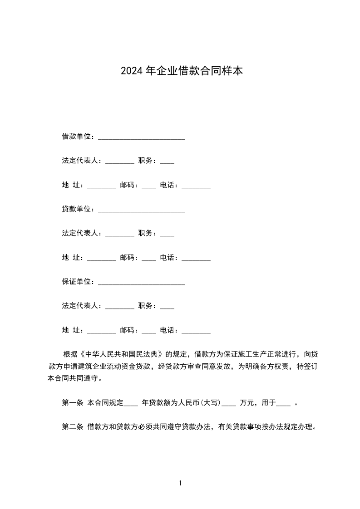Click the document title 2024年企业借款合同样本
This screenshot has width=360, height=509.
[x=182, y=71]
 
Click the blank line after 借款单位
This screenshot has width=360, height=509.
[x=141, y=137]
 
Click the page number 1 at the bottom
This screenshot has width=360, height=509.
[x=180, y=483]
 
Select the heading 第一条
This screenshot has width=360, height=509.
[x=72, y=402]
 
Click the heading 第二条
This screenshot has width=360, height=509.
[x=72, y=427]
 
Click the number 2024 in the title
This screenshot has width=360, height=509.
[x=132, y=71]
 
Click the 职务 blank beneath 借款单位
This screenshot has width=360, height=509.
[x=167, y=162]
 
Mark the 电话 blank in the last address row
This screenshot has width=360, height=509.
[x=196, y=332]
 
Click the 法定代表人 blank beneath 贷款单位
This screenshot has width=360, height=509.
[x=119, y=235]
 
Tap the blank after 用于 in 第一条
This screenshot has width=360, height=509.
[x=283, y=404]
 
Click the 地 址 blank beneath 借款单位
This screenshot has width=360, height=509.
[x=101, y=186]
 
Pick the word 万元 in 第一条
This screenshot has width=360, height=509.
[x=247, y=402]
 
